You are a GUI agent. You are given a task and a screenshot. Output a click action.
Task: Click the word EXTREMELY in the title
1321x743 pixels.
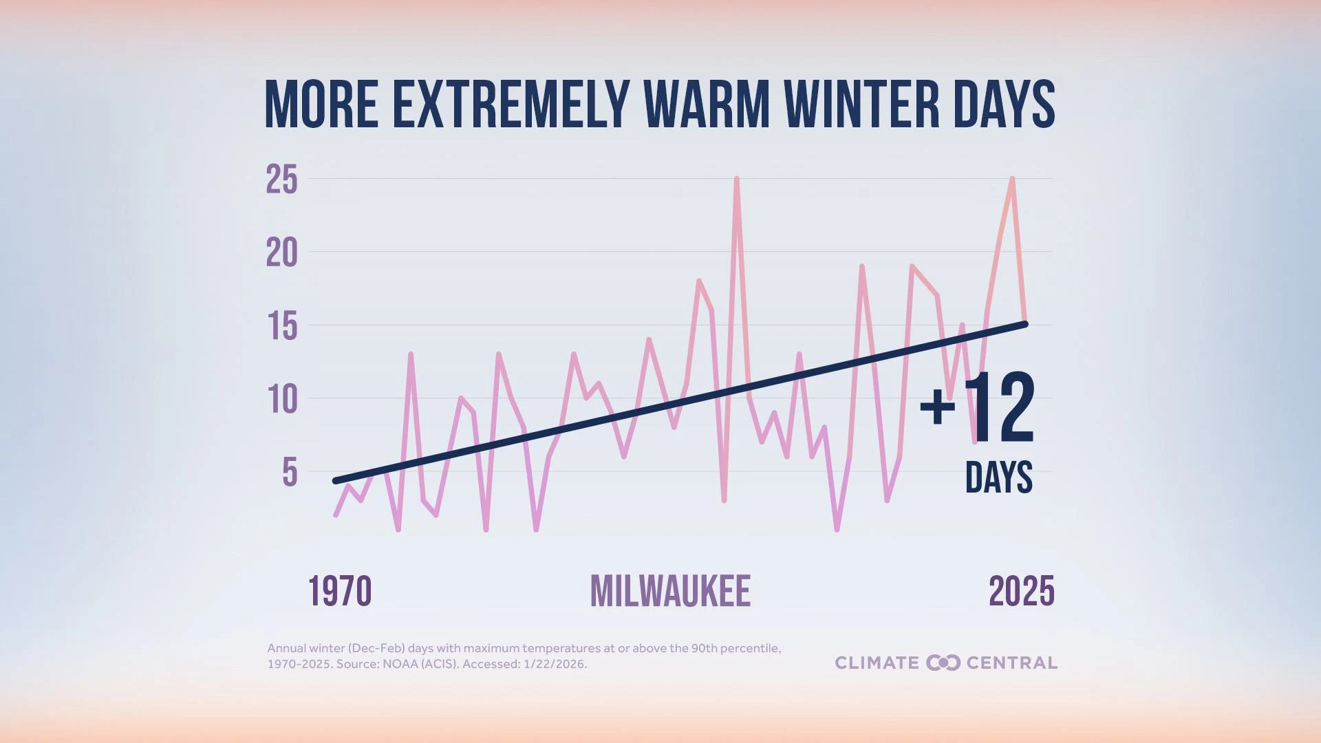511,105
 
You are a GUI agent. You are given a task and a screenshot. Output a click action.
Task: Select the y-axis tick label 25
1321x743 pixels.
282,180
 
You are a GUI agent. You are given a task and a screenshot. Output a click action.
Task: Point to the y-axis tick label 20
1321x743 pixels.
282,253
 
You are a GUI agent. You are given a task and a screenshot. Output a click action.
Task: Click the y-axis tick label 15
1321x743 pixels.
282,326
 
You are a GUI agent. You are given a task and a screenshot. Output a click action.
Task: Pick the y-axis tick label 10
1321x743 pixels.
282,399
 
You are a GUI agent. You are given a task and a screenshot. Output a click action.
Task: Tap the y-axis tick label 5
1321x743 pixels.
290,473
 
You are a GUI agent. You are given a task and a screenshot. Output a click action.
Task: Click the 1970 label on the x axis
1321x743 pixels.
340,592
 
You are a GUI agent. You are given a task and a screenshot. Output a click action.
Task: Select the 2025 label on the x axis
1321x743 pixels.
1021,592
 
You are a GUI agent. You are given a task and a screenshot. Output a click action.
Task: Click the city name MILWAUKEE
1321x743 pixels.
670,592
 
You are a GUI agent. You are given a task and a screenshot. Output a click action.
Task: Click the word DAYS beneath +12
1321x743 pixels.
998,477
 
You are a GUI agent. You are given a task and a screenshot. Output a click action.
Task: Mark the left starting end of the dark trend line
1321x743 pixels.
335,481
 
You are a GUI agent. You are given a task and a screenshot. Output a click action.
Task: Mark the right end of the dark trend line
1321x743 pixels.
1025,324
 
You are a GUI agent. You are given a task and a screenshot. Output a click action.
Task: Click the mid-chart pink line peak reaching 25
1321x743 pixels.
736,179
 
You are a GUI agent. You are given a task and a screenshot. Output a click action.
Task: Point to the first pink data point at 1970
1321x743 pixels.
336,515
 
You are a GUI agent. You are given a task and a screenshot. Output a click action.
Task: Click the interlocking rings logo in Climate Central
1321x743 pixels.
943,663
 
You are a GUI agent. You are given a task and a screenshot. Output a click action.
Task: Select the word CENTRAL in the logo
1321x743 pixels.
1011,663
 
